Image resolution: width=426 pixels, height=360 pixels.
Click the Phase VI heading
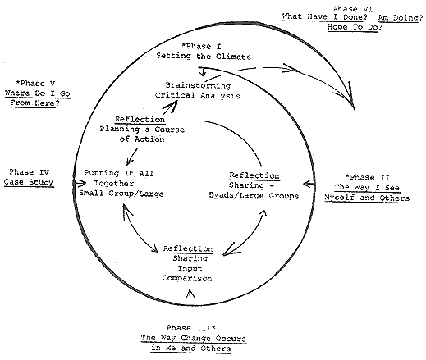[352, 9]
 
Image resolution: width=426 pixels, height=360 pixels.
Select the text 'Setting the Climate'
[204, 56]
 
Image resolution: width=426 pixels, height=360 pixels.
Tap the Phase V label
[35, 83]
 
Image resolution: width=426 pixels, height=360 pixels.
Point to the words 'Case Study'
[29, 182]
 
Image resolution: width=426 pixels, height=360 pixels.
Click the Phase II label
[368, 177]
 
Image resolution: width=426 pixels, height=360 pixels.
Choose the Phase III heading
[191, 327]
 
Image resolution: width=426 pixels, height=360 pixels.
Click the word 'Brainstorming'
[198, 85]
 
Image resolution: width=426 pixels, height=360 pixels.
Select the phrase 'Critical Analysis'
[198, 95]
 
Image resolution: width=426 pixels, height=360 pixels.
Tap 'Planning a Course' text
[142, 130]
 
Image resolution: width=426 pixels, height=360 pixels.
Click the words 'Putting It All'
[119, 173]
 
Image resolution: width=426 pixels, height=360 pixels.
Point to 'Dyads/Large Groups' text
[254, 196]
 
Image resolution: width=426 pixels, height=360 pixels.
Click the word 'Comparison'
[187, 278]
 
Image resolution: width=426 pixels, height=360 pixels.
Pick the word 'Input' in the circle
[190, 268]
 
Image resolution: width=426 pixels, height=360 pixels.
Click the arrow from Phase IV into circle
[80, 183]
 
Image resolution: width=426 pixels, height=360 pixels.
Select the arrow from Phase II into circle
[309, 184]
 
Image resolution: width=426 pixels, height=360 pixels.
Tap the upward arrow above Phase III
[190, 297]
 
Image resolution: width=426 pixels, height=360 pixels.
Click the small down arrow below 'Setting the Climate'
[203, 72]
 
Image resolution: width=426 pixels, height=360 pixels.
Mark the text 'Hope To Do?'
[355, 27]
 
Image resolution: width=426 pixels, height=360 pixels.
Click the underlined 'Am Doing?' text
[401, 18]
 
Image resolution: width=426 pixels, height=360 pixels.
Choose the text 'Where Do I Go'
[38, 93]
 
